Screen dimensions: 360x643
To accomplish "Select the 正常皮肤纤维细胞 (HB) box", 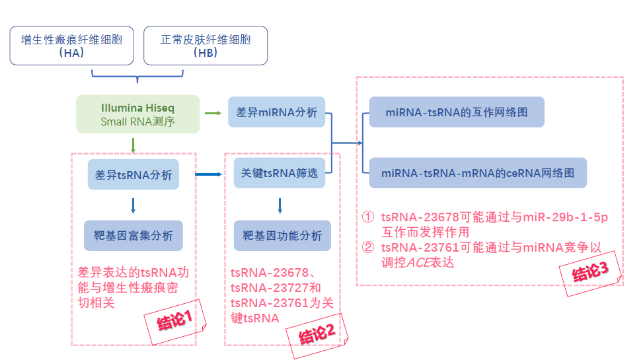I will pos(206,46).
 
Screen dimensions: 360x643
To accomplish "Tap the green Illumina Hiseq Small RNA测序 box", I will pos(138,114).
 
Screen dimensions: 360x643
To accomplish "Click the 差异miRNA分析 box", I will pos(277,112).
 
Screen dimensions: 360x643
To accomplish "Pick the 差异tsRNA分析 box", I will pos(133,175).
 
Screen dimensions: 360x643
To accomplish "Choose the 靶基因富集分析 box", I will pos(133,235).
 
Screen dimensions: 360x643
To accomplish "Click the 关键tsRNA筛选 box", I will pos(280,173).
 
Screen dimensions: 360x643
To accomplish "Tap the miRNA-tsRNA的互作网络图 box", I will pos(457,112).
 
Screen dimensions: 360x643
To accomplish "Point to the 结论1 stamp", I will pos(175,323).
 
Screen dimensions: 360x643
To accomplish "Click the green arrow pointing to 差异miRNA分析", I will pos(213,113).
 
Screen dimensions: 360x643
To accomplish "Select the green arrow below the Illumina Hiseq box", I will pos(134,144).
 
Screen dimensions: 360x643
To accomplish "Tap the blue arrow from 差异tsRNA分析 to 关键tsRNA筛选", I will pos(210,174).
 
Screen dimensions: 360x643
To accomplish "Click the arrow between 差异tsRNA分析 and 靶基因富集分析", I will pos(133,205).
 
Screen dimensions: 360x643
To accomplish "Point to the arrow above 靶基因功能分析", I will pos(280,205).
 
